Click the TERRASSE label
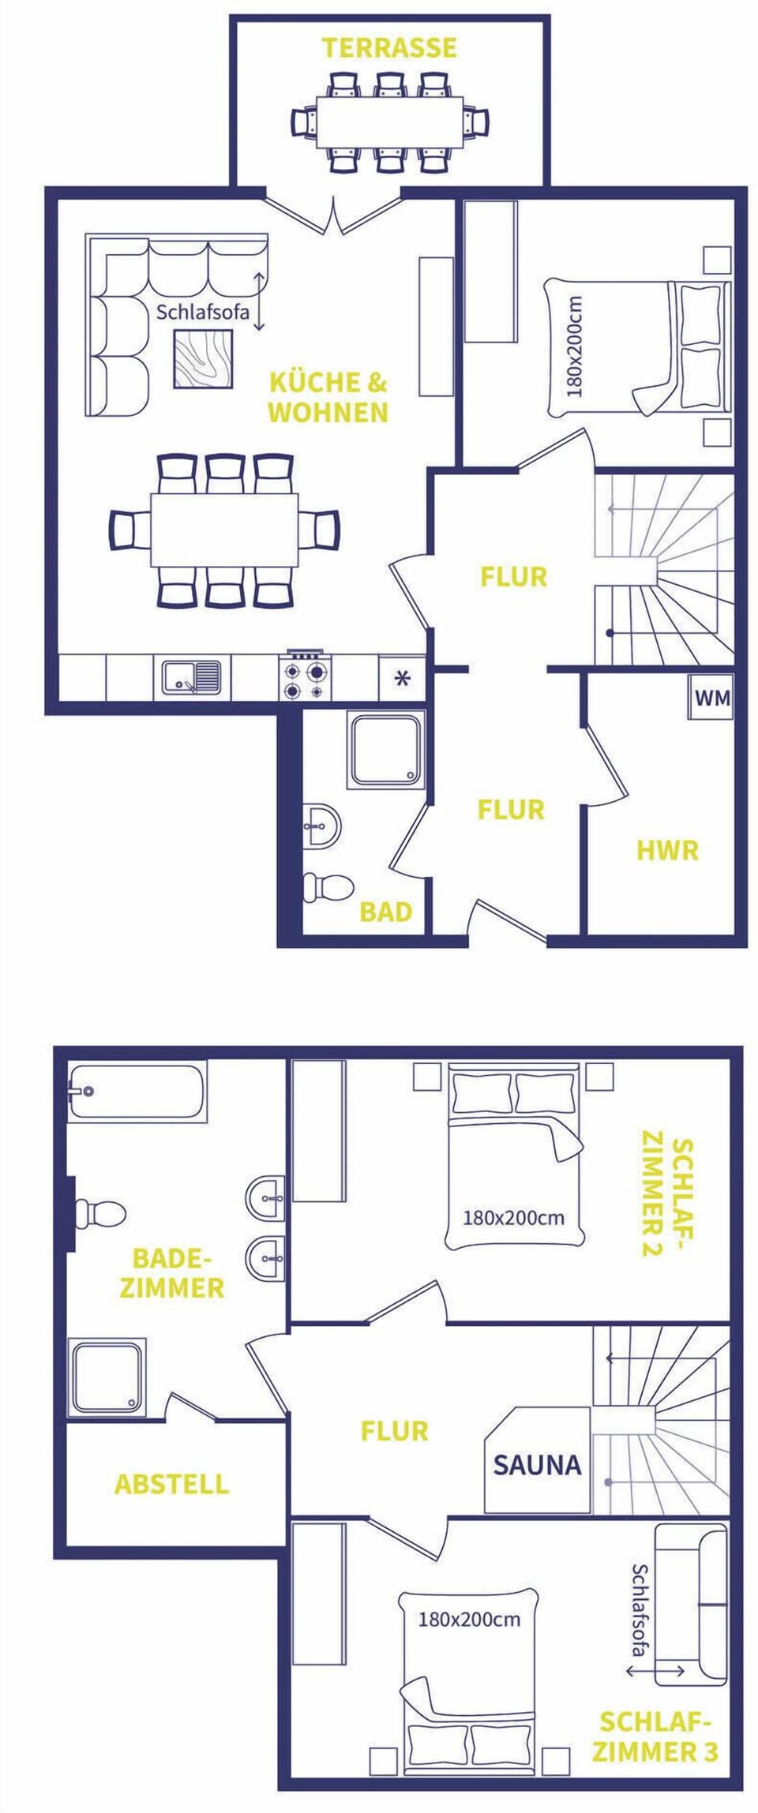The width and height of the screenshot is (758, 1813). (388, 47)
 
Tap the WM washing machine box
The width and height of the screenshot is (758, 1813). (711, 698)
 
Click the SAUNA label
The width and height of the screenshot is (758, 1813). (537, 1465)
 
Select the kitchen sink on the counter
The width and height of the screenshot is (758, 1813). (192, 677)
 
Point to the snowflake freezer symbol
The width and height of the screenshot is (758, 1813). (402, 678)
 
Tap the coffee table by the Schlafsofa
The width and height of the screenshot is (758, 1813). (204, 358)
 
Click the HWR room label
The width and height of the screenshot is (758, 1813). (667, 851)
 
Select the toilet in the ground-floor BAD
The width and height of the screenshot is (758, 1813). (328, 886)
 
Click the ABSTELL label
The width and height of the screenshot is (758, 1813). (171, 1484)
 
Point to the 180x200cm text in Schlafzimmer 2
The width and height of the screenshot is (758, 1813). (513, 1218)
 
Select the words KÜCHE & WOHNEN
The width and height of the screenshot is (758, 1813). (328, 398)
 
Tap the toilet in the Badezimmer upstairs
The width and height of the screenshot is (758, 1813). (100, 1212)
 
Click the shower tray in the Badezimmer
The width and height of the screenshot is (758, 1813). (107, 1377)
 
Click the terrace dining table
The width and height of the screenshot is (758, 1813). (389, 122)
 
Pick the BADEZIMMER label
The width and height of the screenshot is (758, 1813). (171, 1272)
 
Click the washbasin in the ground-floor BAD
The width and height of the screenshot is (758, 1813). (322, 826)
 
